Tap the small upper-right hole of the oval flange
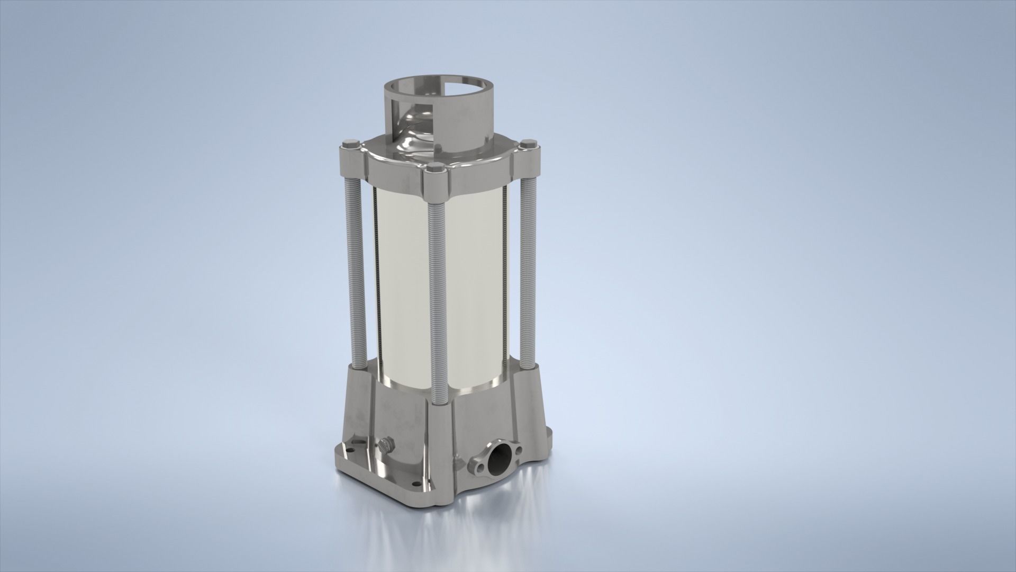click(519, 450)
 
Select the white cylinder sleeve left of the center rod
click(405, 286)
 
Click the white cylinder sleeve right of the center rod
click(474, 286)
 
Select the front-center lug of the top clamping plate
click(437, 183)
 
